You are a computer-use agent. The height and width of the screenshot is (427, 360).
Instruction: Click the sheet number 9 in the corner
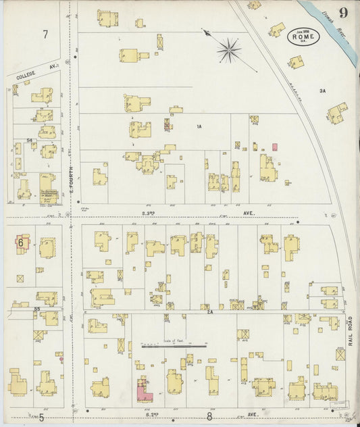click(344, 12)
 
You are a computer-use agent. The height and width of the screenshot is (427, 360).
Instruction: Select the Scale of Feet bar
click(173, 345)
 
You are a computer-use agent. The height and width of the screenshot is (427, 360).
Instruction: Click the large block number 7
click(45, 34)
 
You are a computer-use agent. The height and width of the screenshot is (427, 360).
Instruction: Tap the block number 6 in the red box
click(21, 242)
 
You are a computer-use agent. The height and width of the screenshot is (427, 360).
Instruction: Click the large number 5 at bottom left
click(41, 418)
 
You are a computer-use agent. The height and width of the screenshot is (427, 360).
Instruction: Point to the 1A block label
click(199, 126)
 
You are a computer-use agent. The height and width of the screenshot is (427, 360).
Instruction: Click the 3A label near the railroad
click(322, 90)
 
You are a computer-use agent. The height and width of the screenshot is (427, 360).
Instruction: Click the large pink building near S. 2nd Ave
click(143, 389)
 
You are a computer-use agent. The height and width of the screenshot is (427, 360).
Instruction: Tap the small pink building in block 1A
click(274, 147)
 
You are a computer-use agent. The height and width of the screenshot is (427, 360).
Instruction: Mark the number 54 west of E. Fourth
click(30, 141)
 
